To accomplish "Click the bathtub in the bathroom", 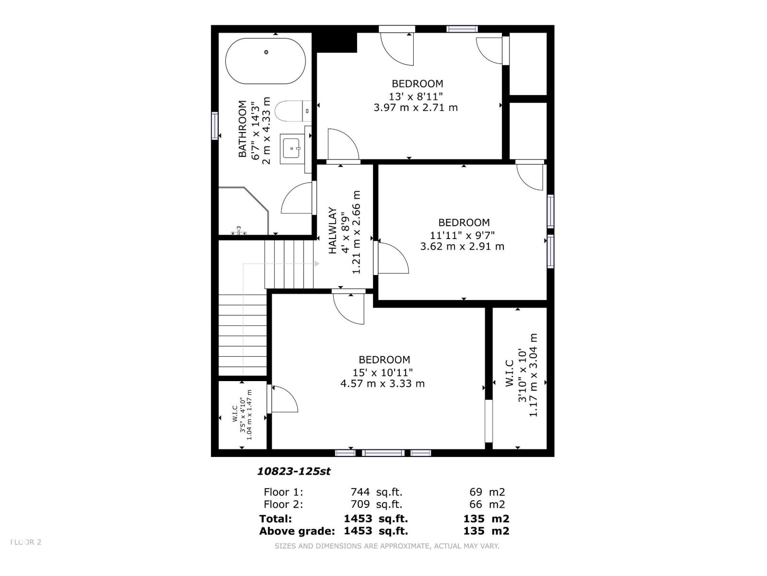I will [265, 61].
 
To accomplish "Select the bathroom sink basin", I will [291, 148].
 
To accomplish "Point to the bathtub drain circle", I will [266, 52].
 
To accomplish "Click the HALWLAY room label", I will [332, 230].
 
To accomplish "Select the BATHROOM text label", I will [243, 129].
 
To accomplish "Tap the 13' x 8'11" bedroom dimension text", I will [416, 96].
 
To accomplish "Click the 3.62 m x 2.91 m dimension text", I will [462, 247].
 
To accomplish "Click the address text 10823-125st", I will [294, 471].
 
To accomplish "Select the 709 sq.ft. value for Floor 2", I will [376, 504].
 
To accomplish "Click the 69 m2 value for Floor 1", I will [487, 492].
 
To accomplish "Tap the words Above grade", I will [297, 531].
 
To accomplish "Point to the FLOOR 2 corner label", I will [26, 542].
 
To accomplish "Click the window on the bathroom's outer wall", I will [215, 126].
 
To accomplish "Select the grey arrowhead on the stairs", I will [317, 264].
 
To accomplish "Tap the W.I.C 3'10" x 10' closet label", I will [510, 374].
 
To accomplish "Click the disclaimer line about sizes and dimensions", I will [387, 546].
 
